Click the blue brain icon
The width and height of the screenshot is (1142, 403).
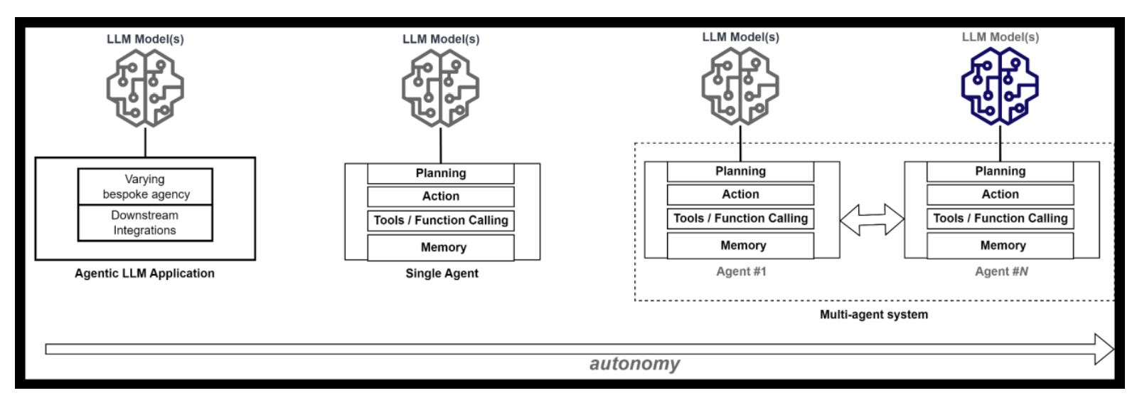(1000, 86)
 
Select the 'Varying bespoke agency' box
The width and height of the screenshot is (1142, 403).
(145, 187)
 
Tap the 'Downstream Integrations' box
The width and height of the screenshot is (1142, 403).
(145, 223)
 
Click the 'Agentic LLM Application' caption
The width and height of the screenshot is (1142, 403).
(145, 273)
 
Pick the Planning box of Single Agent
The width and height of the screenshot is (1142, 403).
(440, 174)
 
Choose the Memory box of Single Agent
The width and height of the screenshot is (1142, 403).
(440, 248)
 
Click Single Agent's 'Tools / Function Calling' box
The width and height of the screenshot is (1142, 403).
(440, 221)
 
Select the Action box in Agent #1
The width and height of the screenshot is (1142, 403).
(740, 194)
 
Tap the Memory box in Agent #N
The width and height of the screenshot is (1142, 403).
(1000, 246)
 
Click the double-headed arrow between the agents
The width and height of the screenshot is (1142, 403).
(872, 219)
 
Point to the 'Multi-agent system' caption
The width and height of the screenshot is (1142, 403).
(874, 315)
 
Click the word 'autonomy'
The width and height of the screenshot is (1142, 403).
(635, 364)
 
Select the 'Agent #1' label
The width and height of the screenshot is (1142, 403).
(741, 271)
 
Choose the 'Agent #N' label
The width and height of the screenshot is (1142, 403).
(1001, 271)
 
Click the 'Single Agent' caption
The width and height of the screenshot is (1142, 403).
(442, 273)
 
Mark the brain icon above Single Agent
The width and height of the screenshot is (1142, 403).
(440, 88)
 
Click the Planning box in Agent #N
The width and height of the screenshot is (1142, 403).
(1000, 172)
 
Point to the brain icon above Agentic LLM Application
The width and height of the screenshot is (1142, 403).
(145, 88)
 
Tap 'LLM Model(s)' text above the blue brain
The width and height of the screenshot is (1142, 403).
(1000, 37)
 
